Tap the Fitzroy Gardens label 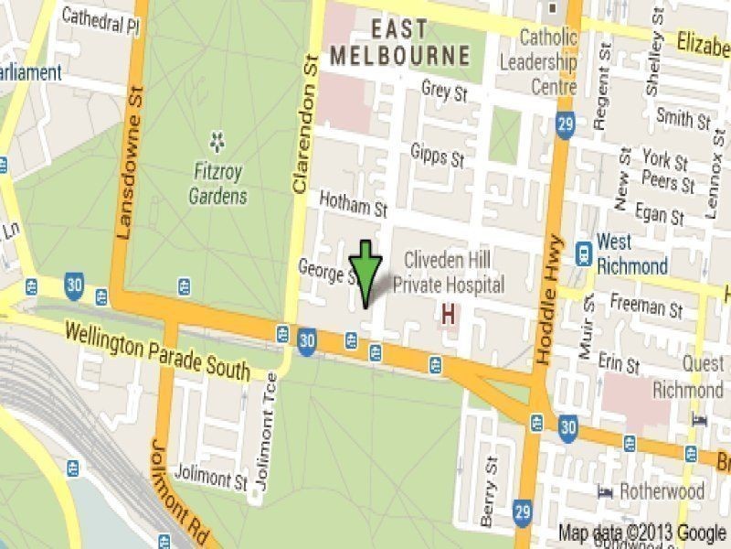[217, 182]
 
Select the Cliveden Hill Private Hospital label [448, 273]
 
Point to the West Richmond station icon [581, 252]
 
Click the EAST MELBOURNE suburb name [399, 41]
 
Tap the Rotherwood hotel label [662, 491]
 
